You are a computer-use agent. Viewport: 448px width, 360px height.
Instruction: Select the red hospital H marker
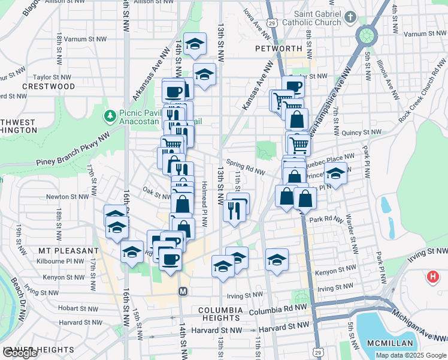(432, 277)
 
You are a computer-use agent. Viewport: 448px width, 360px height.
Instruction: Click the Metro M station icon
(183, 291)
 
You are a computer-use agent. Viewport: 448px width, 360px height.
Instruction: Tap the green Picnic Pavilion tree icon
(110, 115)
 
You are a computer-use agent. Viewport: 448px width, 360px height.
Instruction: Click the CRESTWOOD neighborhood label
(49, 86)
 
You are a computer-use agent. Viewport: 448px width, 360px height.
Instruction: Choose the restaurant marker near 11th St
(234, 209)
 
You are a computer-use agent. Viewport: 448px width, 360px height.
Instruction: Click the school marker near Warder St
(335, 175)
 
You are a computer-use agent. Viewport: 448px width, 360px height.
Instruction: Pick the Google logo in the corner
(20, 353)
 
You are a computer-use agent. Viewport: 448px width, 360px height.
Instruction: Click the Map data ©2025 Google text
(410, 355)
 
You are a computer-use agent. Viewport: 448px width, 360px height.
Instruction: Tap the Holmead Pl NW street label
(204, 204)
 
